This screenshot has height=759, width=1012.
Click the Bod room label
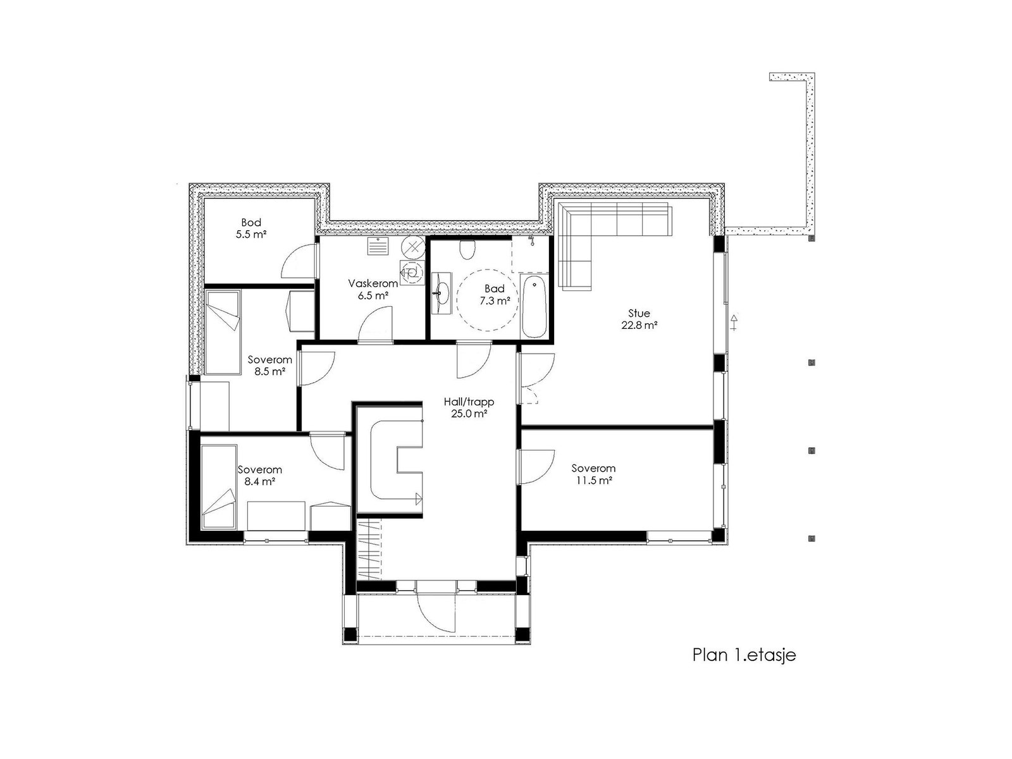click(x=251, y=223)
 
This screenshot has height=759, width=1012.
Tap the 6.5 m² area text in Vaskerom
click(x=373, y=295)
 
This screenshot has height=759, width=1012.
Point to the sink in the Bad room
click(x=441, y=293)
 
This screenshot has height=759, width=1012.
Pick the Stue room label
click(x=639, y=313)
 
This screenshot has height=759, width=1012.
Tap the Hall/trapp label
click(x=469, y=402)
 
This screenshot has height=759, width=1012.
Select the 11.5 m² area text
click(x=593, y=481)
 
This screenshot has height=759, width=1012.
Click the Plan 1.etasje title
click(x=744, y=655)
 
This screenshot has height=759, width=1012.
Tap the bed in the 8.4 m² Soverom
click(x=220, y=486)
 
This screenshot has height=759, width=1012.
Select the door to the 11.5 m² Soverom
click(x=536, y=466)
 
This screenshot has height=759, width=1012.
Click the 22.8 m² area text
click(x=639, y=325)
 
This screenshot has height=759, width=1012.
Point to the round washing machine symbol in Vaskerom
click(x=412, y=247)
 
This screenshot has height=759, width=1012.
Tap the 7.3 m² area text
click(x=494, y=301)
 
